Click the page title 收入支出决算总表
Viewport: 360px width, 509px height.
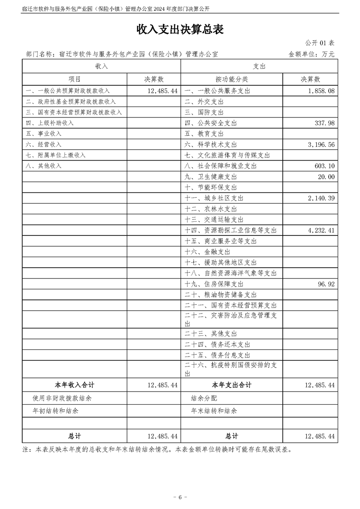coord(180,30)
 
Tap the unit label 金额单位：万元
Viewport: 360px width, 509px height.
coord(311,54)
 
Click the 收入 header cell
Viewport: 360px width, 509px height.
coord(101,66)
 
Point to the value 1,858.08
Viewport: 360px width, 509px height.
coord(321,91)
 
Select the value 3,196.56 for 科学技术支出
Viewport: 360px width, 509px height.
coord(321,144)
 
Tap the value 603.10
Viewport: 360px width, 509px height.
coord(324,166)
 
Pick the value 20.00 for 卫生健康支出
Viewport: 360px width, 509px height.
coord(326,176)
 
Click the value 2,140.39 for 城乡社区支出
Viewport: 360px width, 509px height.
coord(321,198)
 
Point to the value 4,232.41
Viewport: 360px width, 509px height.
coord(321,230)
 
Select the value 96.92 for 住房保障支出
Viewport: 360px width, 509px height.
coord(325,284)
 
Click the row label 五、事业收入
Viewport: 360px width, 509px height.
coord(44,134)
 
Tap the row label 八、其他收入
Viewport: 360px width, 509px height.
coord(44,166)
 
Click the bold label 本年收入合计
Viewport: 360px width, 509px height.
coord(74,385)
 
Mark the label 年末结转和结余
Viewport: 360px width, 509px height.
coord(214,411)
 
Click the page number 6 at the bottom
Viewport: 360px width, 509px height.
coord(180,497)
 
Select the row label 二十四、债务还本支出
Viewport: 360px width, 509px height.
coord(217,345)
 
